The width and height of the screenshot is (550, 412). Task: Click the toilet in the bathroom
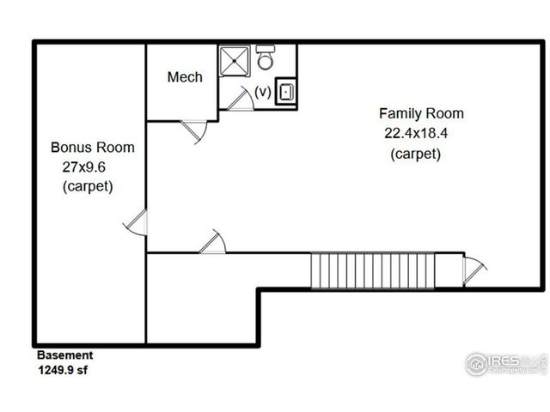[266, 59]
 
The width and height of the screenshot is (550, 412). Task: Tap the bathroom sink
[285, 94]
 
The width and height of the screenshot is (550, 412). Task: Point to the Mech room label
[185, 77]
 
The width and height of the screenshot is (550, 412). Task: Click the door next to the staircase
[471, 270]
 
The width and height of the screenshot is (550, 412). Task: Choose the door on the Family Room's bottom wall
[211, 241]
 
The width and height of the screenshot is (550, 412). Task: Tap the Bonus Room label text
[92, 148]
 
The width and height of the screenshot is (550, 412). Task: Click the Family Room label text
[421, 113]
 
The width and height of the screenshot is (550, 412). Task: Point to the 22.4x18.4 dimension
[416, 133]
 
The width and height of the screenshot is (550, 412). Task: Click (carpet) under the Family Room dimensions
[416, 154]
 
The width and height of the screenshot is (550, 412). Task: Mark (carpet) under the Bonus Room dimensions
[88, 185]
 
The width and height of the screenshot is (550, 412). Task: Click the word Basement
[64, 354]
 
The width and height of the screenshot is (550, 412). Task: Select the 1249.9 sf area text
[62, 370]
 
